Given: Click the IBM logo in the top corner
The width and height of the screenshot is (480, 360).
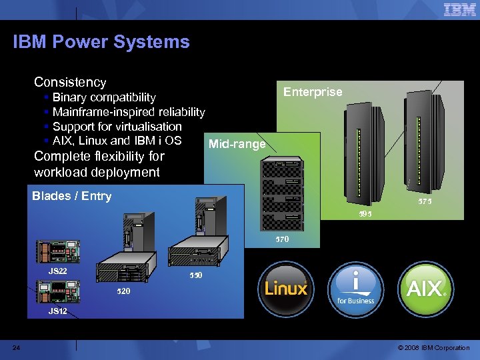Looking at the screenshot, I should click(x=460, y=10).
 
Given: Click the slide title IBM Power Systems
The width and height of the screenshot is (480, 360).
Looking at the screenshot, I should click(x=101, y=42).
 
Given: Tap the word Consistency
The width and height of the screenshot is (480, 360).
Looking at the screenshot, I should click(x=70, y=82).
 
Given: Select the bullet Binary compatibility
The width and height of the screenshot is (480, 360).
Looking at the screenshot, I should click(x=103, y=98).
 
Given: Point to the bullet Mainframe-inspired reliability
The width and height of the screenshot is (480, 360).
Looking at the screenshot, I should click(x=128, y=112).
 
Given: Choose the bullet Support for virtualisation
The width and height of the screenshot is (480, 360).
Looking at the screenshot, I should click(x=117, y=127).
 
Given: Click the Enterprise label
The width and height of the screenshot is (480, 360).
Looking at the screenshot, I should click(x=313, y=92).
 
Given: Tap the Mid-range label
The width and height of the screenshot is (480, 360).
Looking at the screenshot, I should click(x=237, y=143).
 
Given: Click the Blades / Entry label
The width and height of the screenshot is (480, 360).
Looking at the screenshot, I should click(x=71, y=196).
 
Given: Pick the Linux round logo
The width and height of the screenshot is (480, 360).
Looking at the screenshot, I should click(x=286, y=289).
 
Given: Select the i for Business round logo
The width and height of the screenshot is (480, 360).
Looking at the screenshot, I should click(x=355, y=289).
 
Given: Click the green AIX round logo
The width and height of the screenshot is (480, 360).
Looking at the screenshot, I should click(x=426, y=289).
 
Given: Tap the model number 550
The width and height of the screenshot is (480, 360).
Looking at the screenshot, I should click(x=195, y=275).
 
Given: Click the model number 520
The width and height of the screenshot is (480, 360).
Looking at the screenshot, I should click(x=123, y=292).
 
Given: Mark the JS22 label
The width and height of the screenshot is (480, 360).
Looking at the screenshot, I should click(x=57, y=271).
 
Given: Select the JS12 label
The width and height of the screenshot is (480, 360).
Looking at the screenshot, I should click(x=57, y=311).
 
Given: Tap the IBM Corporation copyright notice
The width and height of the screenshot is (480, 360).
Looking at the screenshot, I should click(x=433, y=347).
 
